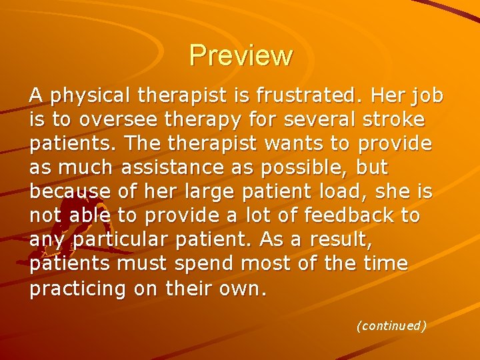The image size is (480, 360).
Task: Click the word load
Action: tap(329, 193)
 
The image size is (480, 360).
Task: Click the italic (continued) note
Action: tap(391, 326)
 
